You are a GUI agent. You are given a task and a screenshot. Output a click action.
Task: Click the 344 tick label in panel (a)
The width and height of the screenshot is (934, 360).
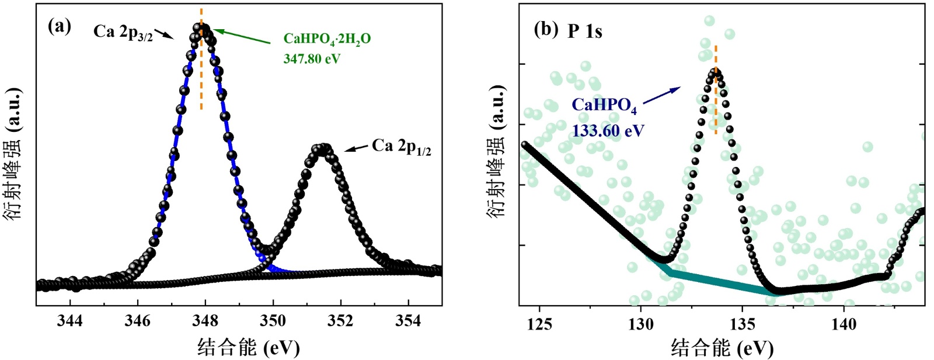pyautogui.click(x=70, y=321)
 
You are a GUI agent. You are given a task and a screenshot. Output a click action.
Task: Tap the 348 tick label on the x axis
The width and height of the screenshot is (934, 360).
pyautogui.click(x=205, y=321)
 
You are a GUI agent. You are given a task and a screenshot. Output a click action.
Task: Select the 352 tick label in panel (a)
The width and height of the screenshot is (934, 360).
pyautogui.click(x=341, y=321)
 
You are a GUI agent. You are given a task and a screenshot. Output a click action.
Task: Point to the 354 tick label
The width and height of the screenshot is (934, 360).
pyautogui.click(x=409, y=321)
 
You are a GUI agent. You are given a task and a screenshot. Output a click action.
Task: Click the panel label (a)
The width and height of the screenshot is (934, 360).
pyautogui.click(x=59, y=26)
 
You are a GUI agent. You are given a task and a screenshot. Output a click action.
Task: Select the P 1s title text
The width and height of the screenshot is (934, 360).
pyautogui.click(x=585, y=32)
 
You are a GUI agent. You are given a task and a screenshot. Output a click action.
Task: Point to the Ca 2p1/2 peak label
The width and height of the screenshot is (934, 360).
pyautogui.click(x=402, y=146)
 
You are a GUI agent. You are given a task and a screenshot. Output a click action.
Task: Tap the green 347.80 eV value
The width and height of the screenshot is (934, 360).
pyautogui.click(x=312, y=59)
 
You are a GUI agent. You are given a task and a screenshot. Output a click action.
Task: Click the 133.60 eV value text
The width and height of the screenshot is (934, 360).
pyautogui.click(x=608, y=131)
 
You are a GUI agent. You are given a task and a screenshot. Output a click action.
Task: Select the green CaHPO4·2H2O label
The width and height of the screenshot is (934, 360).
pyautogui.click(x=327, y=39)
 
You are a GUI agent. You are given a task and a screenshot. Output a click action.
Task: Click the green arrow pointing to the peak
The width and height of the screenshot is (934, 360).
pyautogui.click(x=242, y=36)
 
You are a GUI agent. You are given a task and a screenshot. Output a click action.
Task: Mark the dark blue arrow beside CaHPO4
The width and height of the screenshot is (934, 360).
pyautogui.click(x=661, y=97)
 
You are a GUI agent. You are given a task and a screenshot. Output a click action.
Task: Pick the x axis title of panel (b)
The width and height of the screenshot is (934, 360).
pyautogui.click(x=722, y=348)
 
